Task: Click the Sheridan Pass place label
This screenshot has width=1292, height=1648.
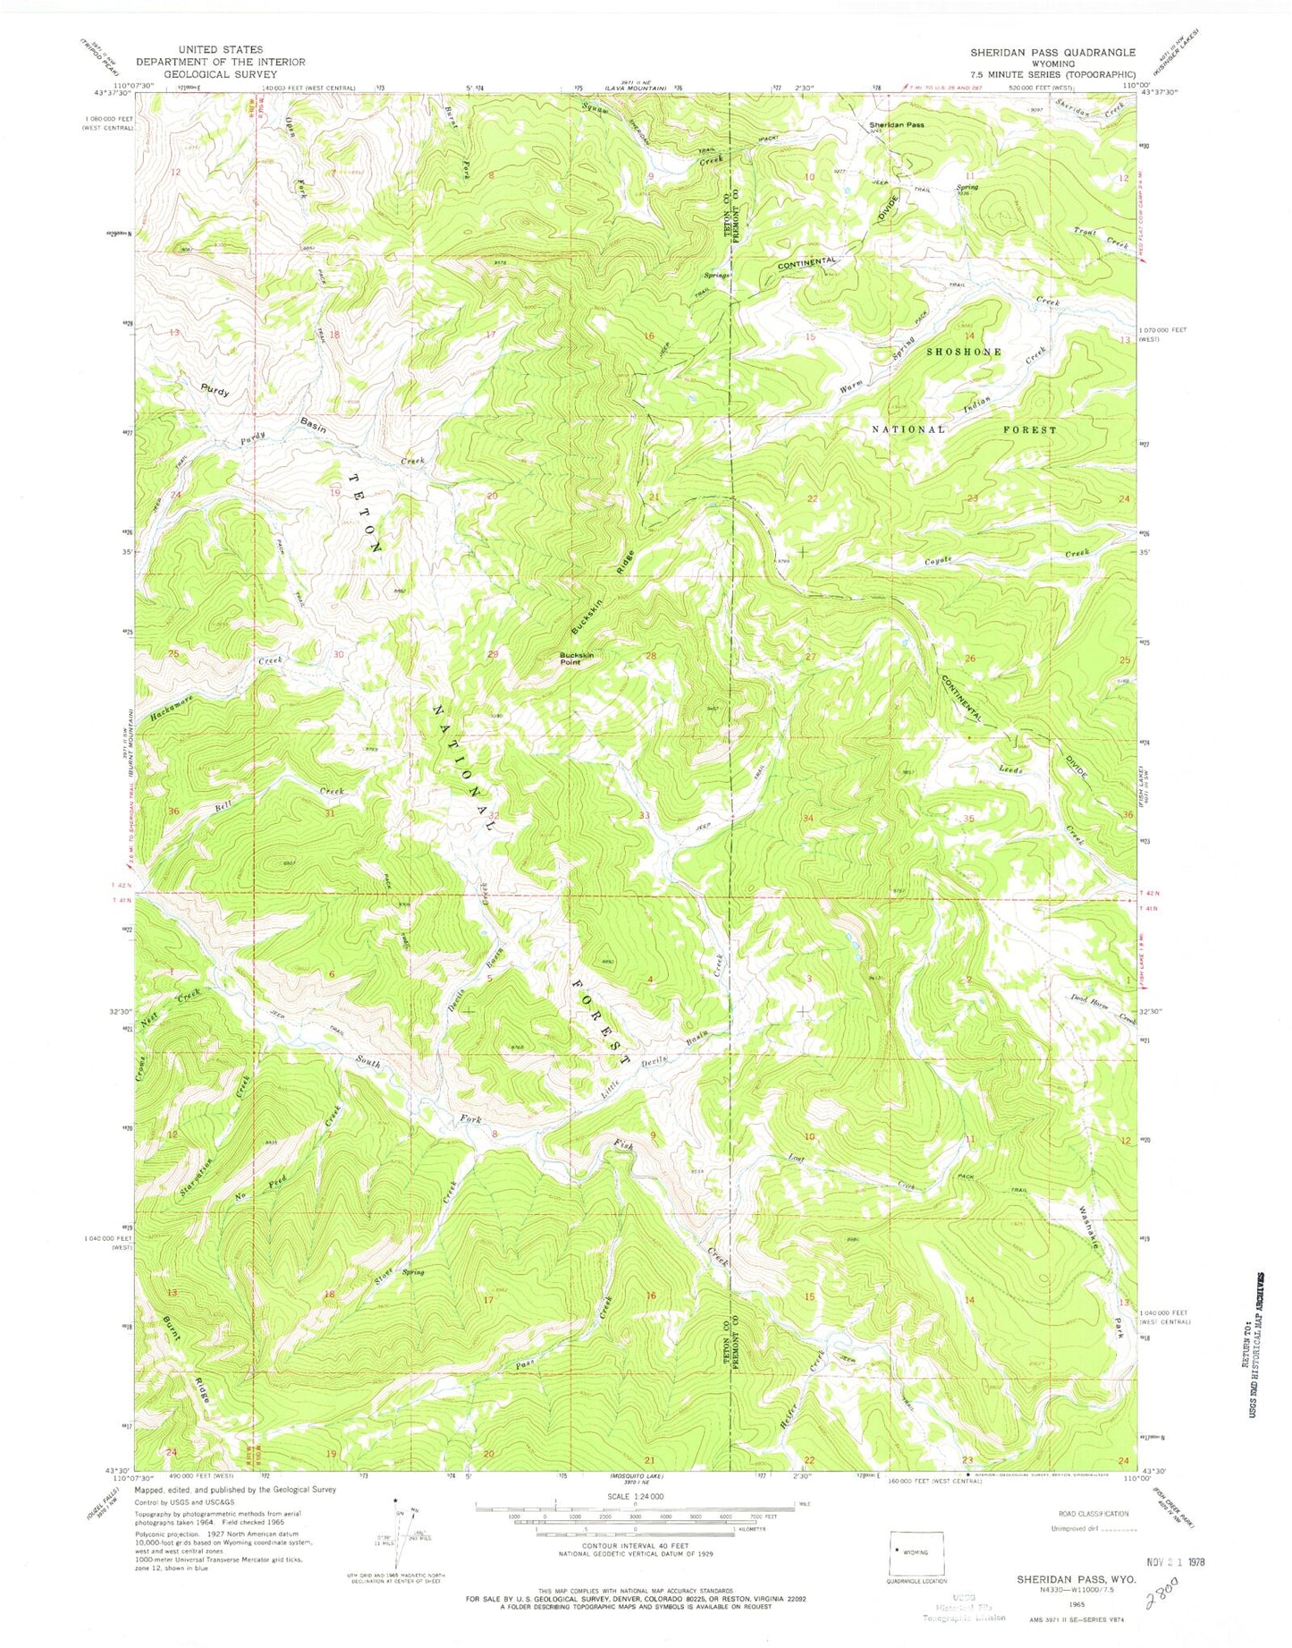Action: click(x=897, y=125)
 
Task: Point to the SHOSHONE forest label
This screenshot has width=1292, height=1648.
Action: click(x=964, y=353)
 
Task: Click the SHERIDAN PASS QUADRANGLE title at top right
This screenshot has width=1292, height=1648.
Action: click(x=1052, y=53)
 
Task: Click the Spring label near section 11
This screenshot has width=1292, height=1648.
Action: click(x=967, y=187)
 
